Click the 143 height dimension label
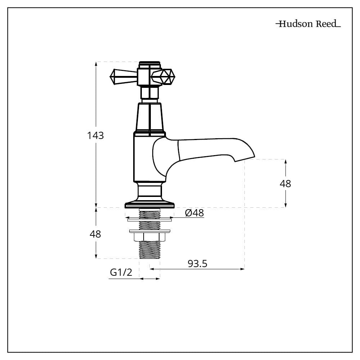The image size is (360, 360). click(95, 136)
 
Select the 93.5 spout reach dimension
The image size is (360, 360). click(197, 264)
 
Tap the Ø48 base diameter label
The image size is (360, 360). click(194, 213)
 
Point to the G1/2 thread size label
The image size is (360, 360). click(121, 273)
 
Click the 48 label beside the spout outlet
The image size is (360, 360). click(285, 184)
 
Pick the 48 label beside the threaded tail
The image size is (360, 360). click(95, 234)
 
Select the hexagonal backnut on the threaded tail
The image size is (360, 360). click(149, 237)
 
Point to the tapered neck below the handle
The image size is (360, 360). click(149, 117)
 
